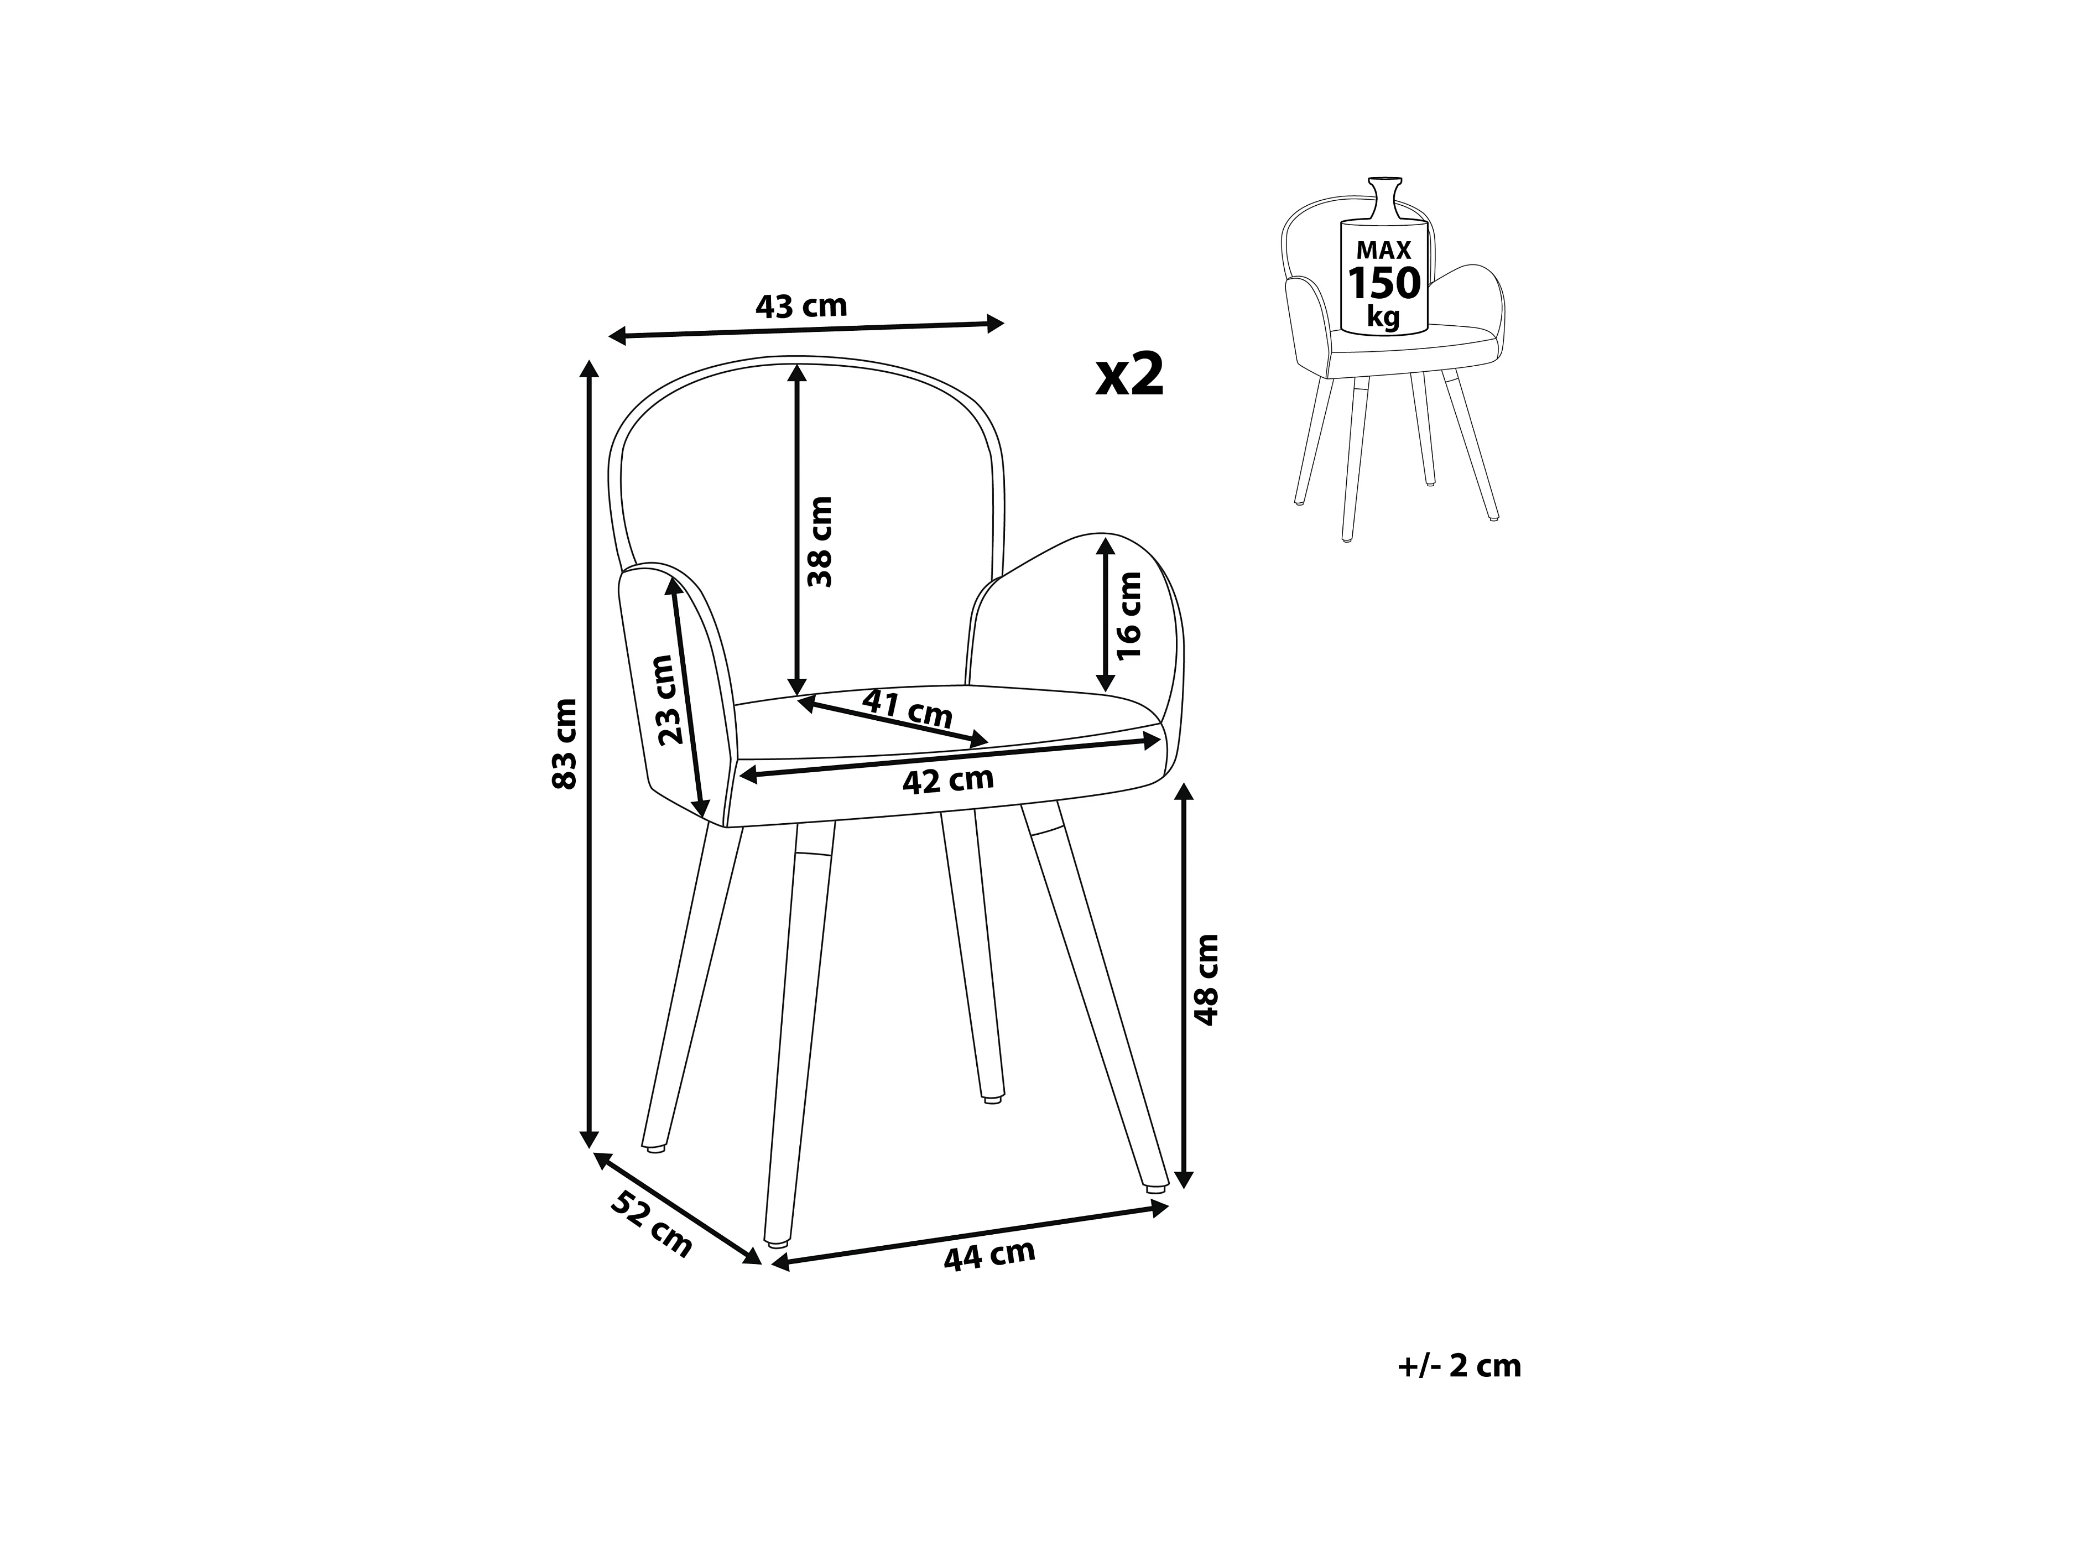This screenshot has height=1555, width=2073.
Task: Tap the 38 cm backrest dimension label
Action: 820,541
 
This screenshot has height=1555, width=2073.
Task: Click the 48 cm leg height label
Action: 1207,980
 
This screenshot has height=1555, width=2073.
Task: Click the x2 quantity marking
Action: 1130,375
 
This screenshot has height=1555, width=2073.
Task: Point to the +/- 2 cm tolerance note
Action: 1459,1366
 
